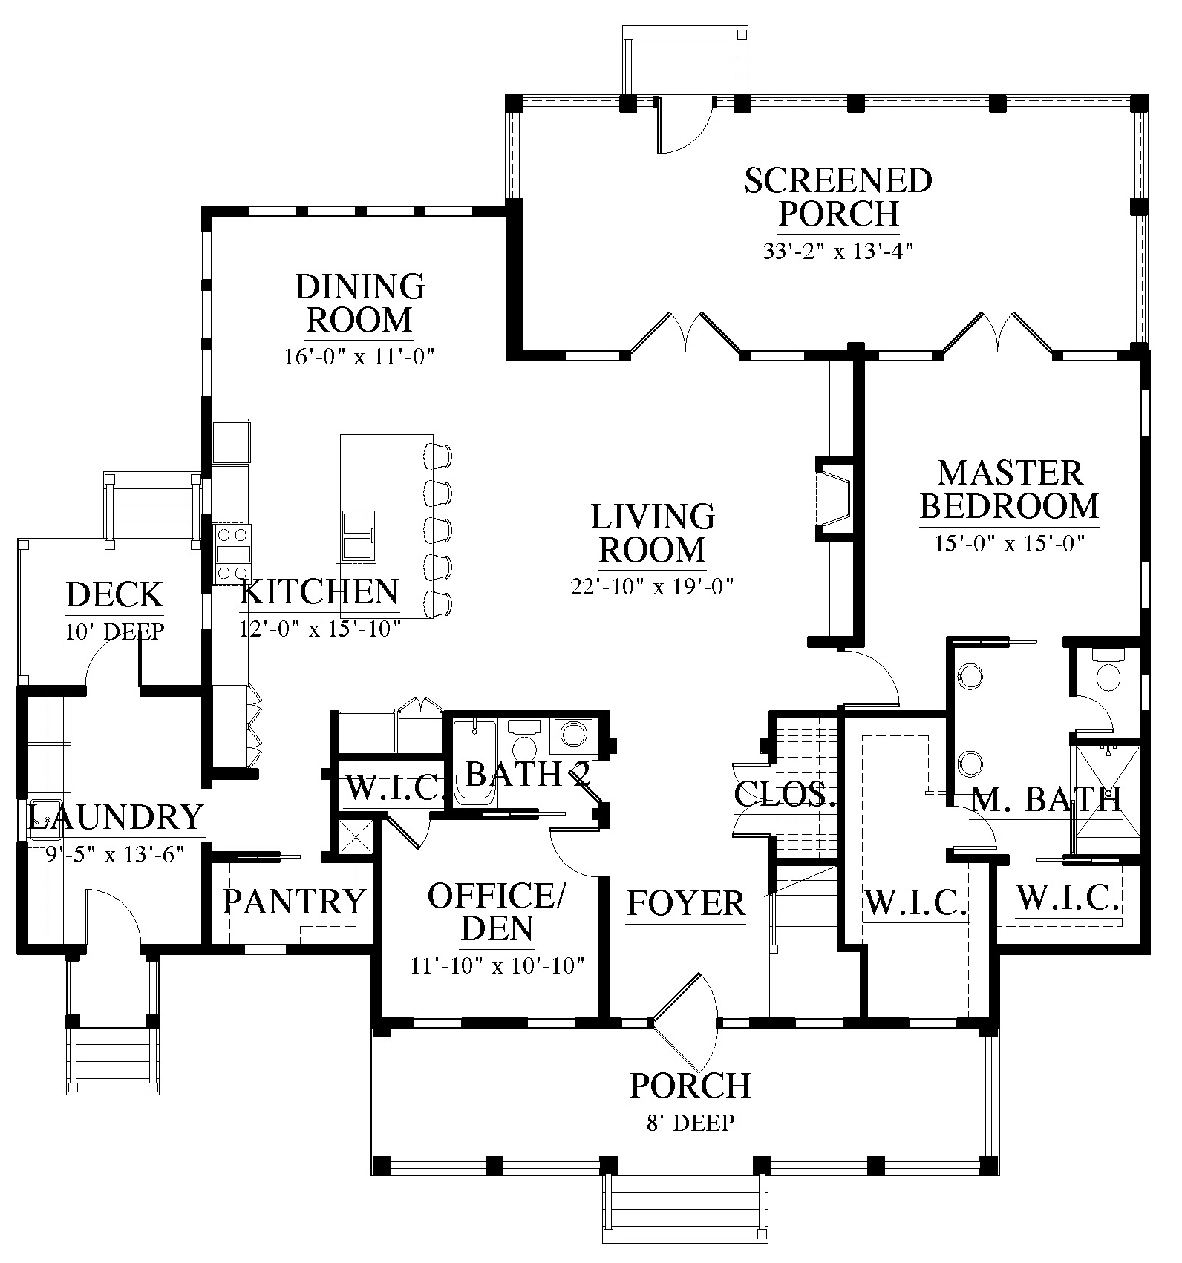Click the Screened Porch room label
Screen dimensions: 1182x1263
(838, 197)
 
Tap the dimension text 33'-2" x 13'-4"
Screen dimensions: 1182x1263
(838, 252)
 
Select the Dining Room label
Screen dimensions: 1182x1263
(360, 303)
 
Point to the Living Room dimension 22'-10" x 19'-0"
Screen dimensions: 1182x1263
(652, 587)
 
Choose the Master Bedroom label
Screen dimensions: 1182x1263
(1010, 489)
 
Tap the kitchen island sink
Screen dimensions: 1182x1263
(358, 534)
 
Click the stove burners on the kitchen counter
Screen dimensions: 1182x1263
(232, 553)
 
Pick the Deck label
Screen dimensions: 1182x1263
(114, 594)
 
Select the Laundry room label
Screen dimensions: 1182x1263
(115, 817)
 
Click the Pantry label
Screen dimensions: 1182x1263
(295, 902)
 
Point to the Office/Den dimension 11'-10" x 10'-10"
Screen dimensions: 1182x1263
(497, 965)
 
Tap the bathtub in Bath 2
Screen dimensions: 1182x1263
(474, 760)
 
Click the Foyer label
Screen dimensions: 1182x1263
(686, 904)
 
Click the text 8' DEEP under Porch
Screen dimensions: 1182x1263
(690, 1123)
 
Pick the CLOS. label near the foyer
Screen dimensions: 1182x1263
(785, 795)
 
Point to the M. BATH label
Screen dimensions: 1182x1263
(1046, 800)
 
